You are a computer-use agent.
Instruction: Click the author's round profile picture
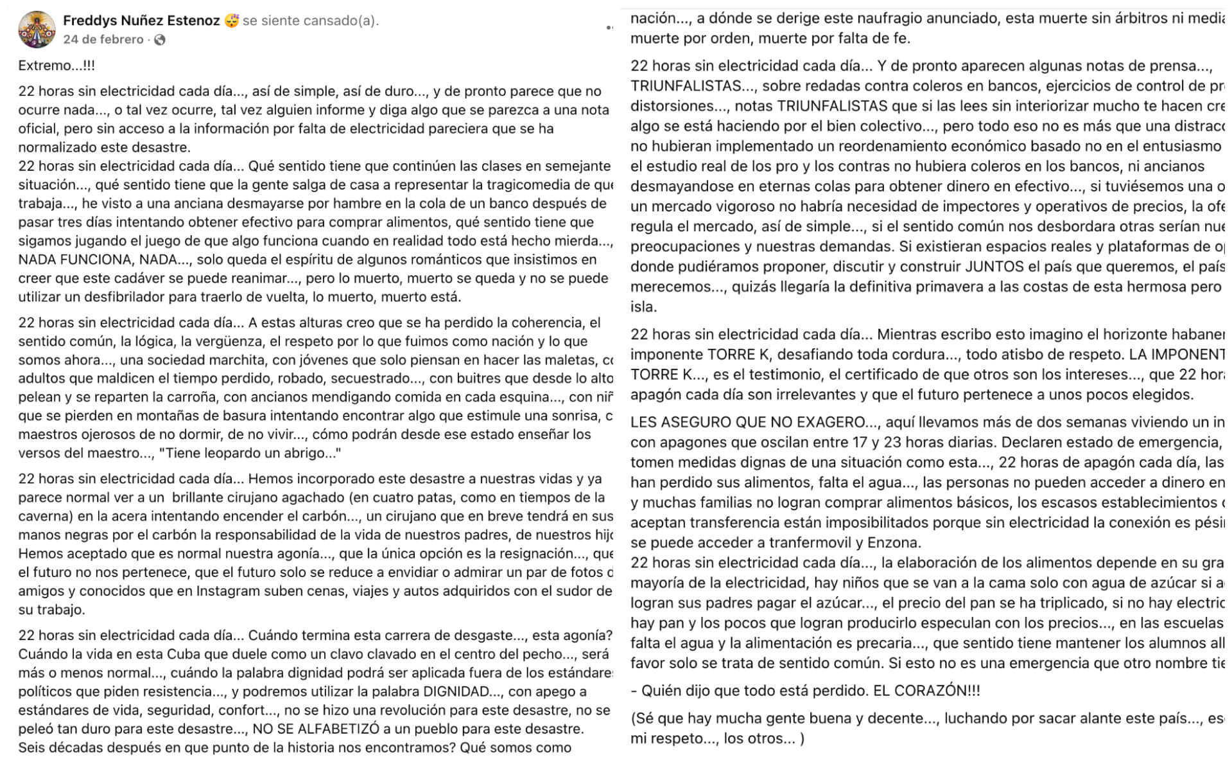tap(37, 30)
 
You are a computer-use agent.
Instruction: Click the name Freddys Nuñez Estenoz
tap(141, 21)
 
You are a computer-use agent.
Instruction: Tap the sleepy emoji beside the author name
tap(232, 21)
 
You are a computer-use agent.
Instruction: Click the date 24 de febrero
tap(103, 40)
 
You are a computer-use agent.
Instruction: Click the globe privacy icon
tap(160, 40)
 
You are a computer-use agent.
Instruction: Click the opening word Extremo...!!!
tap(56, 66)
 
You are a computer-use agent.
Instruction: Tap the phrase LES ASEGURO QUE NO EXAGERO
tap(747, 423)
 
